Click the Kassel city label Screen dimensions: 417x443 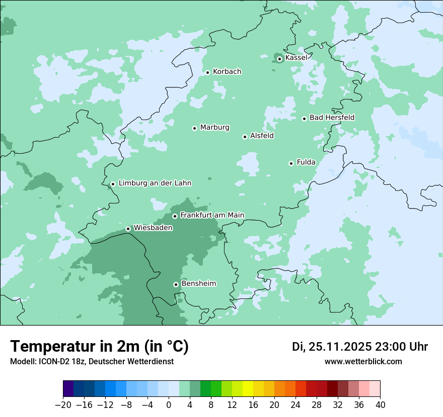click(296, 58)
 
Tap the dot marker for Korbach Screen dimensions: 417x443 click(207, 72)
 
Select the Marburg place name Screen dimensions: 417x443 click(214, 128)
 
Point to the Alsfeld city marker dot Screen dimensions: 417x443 click(245, 137)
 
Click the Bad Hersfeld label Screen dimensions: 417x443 click(332, 118)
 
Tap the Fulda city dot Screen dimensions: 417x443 click(291, 163)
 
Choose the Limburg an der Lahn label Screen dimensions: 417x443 click(155, 183)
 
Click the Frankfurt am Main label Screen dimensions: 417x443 click(212, 215)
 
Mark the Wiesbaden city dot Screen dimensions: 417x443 click(128, 229)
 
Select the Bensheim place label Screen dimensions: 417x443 click(198, 284)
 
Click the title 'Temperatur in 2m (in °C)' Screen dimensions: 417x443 click(99, 347)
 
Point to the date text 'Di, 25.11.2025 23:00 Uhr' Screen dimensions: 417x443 click(360, 347)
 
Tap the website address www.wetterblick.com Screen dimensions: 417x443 click(363, 362)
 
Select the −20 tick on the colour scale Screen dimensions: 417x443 click(63, 405)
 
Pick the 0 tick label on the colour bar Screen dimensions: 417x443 click(169, 405)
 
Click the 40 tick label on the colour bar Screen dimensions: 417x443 click(380, 405)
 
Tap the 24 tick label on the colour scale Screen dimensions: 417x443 click(296, 405)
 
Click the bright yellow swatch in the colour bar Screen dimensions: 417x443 click(248, 389)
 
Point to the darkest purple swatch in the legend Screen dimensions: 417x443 click(68, 389)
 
